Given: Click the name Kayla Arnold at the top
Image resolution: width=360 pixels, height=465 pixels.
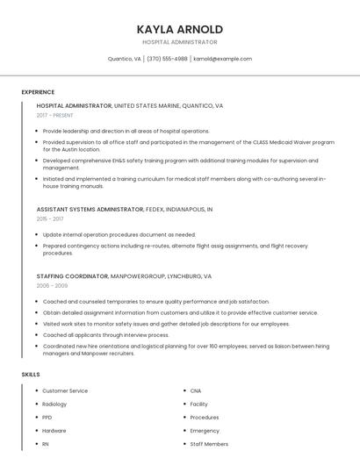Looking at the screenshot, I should (180, 29).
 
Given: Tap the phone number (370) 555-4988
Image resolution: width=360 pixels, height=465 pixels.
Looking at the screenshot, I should (167, 59).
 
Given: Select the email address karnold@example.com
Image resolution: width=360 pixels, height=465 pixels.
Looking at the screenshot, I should (223, 59).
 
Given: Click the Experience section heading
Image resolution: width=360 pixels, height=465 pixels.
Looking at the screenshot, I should (38, 92).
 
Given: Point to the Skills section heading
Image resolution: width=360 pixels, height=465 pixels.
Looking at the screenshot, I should (31, 375).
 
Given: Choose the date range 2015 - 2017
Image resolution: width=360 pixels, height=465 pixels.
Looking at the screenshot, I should (50, 218).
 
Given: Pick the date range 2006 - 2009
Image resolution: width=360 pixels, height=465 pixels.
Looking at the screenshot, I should (52, 285).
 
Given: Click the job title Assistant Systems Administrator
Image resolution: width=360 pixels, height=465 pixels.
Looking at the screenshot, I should (90, 210).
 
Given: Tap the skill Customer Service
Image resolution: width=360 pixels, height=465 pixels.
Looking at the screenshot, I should (65, 390).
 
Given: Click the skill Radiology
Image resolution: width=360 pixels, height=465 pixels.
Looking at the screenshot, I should (54, 404).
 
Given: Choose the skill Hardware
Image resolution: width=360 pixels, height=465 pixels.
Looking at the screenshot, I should (54, 431).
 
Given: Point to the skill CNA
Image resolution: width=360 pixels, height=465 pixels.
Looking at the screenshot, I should (196, 390).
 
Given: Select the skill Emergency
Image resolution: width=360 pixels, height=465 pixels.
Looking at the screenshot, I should (205, 431).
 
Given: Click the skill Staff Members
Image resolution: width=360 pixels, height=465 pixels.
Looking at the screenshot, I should (209, 444).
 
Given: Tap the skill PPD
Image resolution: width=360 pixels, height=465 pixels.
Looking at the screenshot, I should (47, 418).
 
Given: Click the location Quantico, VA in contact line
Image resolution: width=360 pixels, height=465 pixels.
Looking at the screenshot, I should (124, 59).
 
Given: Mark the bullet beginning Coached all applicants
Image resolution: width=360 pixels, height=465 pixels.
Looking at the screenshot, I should (105, 334).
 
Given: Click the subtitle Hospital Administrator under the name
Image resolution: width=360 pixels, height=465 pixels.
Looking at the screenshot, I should (180, 42).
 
